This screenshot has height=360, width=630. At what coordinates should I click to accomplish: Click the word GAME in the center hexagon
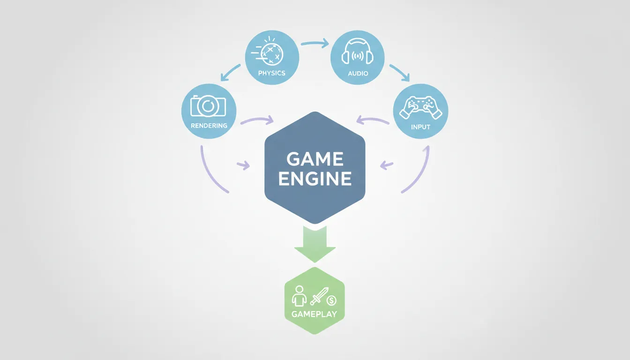(315, 159)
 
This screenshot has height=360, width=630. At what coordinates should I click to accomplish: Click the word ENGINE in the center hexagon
(315, 179)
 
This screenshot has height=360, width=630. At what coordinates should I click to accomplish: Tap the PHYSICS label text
(272, 74)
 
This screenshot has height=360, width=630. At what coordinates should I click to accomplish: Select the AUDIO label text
(358, 74)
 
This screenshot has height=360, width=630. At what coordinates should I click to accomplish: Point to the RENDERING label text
(209, 126)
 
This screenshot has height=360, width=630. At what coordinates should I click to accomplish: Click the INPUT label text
(420, 127)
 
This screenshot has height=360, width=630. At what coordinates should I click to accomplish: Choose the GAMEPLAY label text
(314, 314)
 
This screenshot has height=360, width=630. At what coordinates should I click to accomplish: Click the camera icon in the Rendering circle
(208, 106)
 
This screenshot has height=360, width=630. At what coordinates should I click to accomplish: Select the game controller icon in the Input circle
(420, 108)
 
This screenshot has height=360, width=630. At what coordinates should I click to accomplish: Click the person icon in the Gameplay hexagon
(299, 296)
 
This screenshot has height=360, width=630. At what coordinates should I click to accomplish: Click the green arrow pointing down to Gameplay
(315, 244)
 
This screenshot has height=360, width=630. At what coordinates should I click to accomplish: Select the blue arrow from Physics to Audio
(315, 44)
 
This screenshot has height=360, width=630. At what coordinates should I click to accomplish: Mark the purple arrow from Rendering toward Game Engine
(257, 121)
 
